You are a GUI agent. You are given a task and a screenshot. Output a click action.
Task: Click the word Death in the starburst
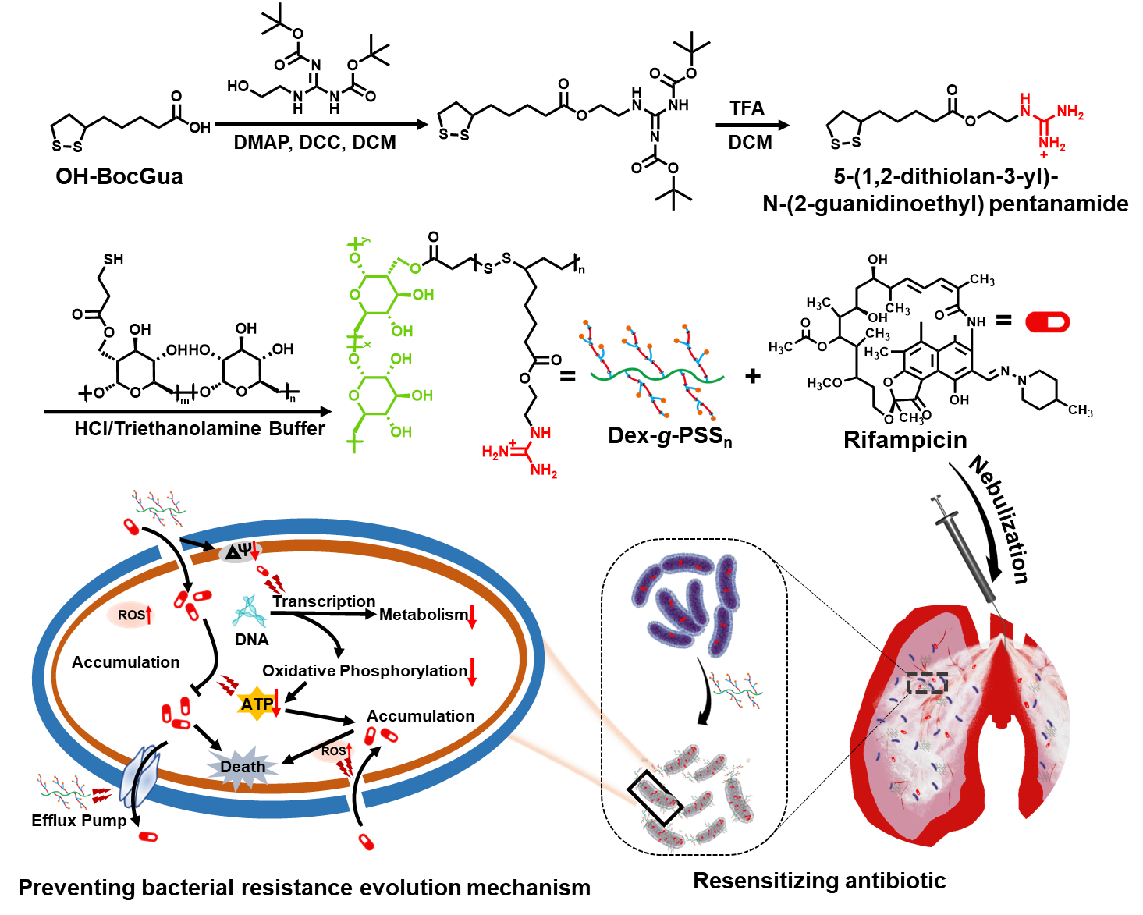coord(243,767)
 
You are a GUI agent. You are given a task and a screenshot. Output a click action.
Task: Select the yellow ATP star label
coord(257,704)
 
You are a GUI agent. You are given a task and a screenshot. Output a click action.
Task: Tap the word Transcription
coord(324,601)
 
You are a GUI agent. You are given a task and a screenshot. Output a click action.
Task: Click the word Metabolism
coord(423,615)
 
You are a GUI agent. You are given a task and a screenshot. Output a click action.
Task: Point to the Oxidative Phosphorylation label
coord(364,671)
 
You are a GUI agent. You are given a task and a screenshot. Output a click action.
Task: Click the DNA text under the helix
coord(251,640)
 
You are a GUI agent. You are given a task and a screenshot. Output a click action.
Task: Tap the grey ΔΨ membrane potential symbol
coord(237,552)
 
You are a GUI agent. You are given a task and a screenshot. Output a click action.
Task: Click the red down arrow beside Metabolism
coord(472,617)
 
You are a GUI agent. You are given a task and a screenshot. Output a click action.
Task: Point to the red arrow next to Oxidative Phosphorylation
coord(472,672)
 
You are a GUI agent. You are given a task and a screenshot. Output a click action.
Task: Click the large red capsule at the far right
coord(1047,322)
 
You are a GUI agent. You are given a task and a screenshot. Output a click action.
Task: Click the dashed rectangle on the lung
coord(927,683)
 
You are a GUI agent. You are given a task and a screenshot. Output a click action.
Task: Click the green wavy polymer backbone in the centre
coord(657,375)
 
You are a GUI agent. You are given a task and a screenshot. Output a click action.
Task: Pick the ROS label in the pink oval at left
coord(131,615)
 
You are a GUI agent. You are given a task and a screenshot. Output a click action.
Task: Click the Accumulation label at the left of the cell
coord(126,662)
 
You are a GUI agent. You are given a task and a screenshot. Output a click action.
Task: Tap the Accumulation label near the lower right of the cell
coord(421,716)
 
